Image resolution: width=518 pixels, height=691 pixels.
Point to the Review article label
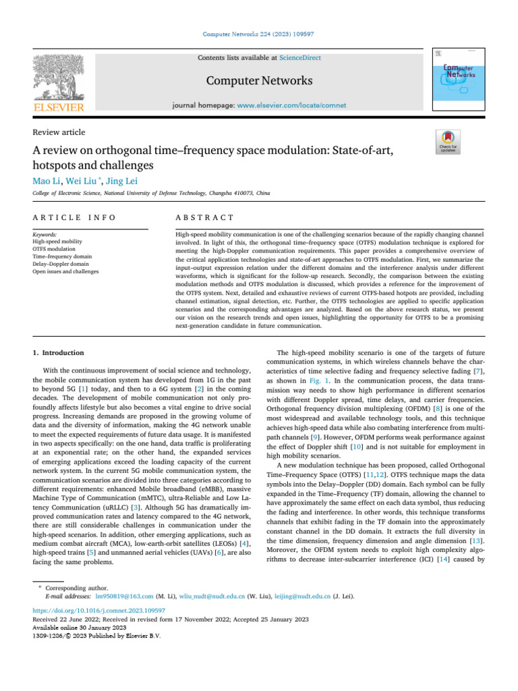[59, 132]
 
